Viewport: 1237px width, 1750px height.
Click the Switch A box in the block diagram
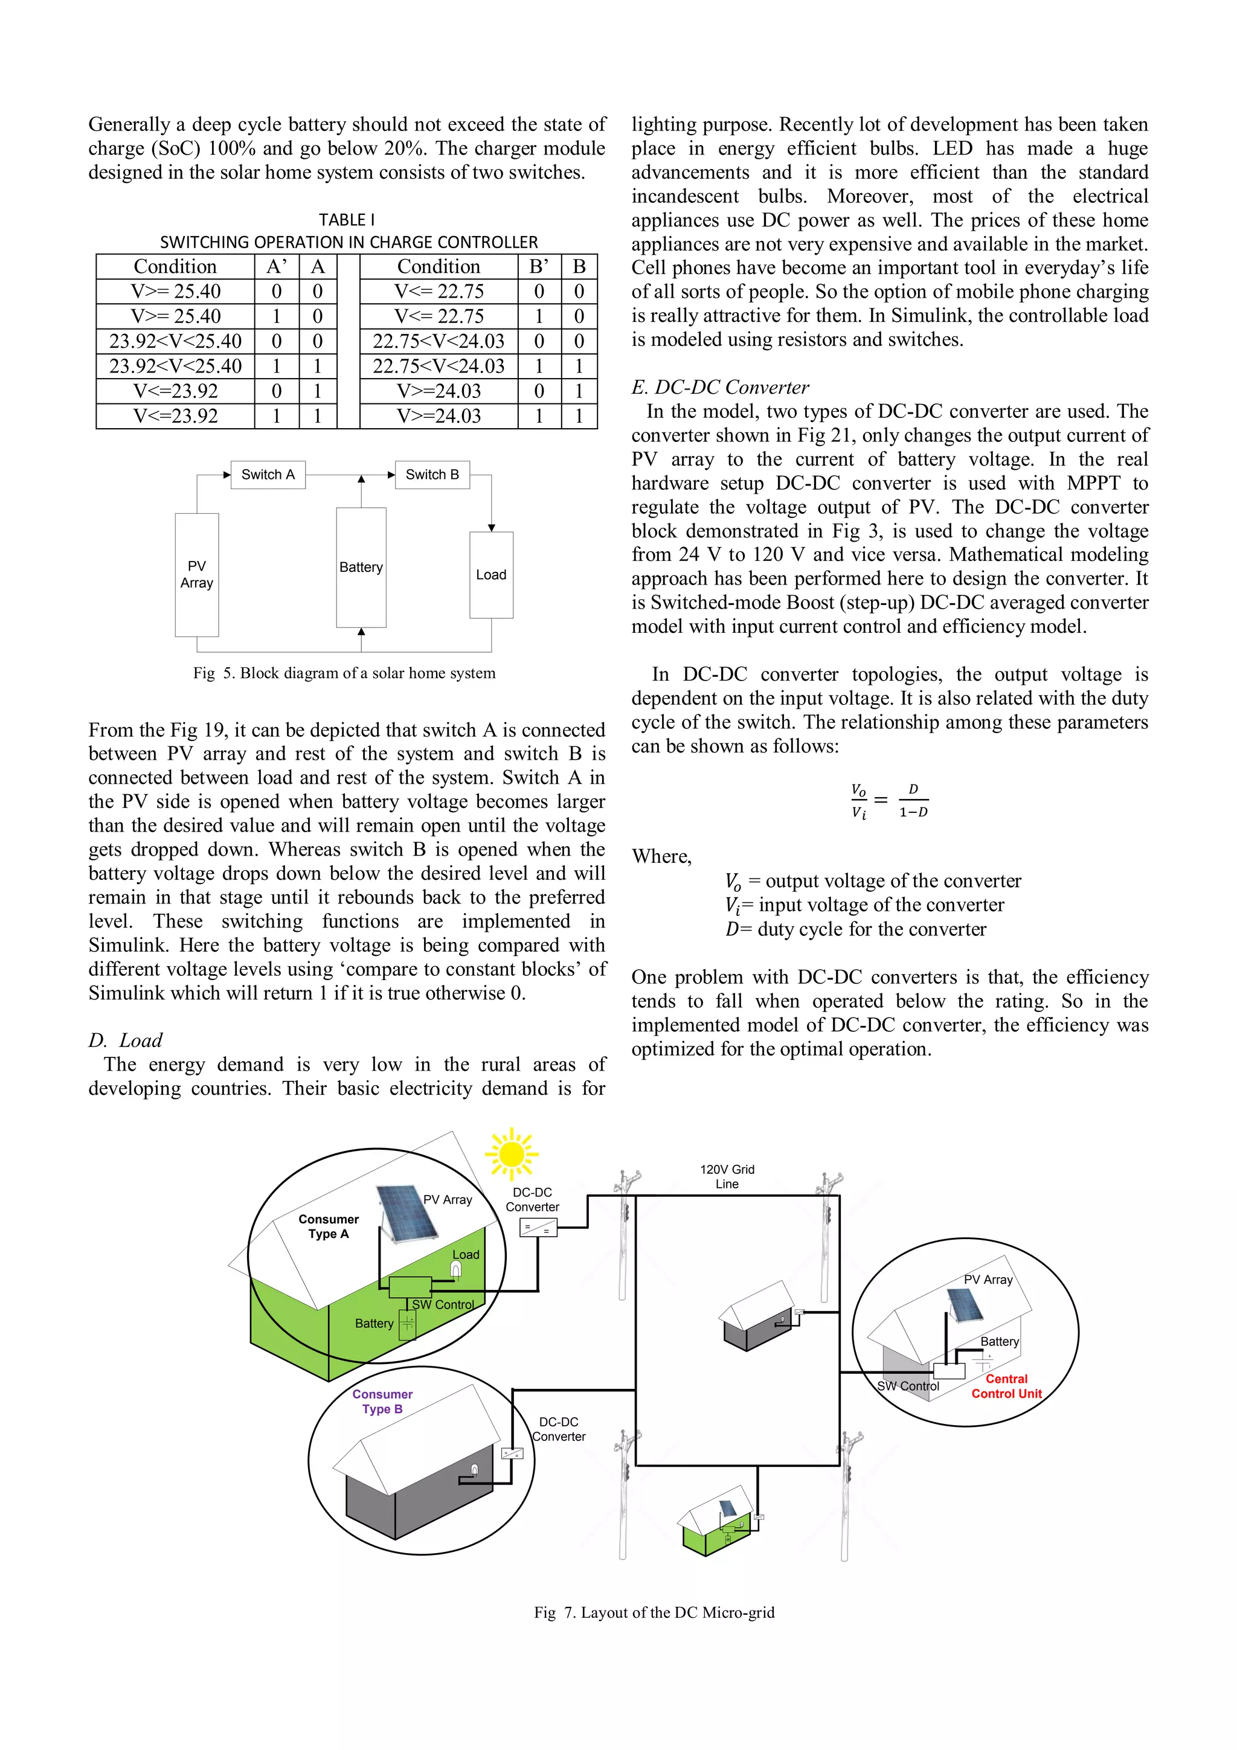pos(268,474)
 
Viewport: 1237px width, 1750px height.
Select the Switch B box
pos(432,474)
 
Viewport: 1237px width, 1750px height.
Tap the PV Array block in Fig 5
pos(197,575)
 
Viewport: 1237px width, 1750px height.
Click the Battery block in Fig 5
pos(361,567)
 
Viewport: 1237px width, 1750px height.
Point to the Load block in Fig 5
pos(491,575)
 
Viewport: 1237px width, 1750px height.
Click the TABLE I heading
pos(347,220)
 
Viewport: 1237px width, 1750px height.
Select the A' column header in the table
pos(277,266)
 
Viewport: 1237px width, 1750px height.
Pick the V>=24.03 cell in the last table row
pos(439,416)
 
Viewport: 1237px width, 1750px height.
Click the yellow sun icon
pos(512,1153)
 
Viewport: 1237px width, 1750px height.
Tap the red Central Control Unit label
pos(1006,1386)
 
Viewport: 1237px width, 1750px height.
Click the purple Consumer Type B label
pos(382,1401)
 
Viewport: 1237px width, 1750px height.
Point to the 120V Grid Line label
pos(727,1176)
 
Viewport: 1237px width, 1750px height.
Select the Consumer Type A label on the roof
pos(329,1226)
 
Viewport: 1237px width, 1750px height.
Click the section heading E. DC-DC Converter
pos(720,387)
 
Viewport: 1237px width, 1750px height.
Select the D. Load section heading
pos(126,1040)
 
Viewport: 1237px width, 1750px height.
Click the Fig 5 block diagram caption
pos(344,673)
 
